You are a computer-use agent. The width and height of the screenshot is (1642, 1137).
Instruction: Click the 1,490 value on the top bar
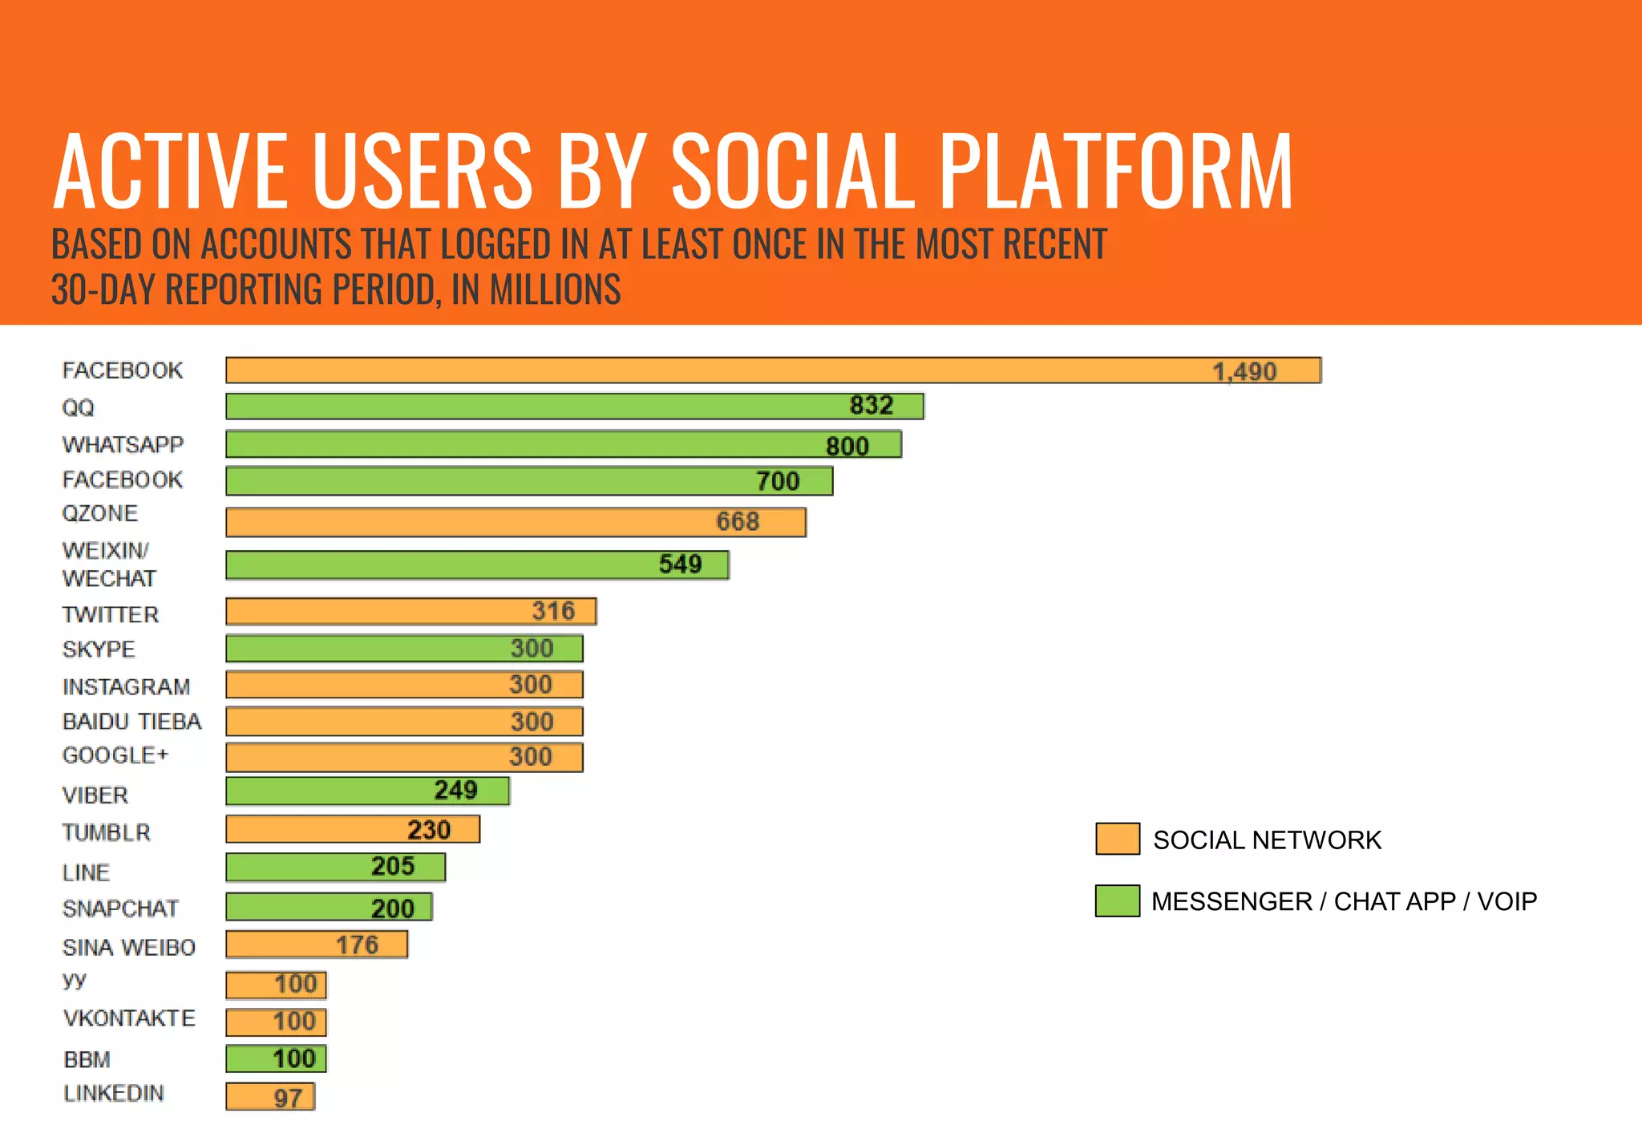pyautogui.click(x=1244, y=371)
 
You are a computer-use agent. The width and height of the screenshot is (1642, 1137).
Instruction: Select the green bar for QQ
pyautogui.click(x=574, y=407)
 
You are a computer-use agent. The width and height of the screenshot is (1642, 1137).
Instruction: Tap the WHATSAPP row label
pyautogui.click(x=123, y=444)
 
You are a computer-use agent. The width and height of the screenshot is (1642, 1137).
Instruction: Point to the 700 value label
pyautogui.click(x=778, y=481)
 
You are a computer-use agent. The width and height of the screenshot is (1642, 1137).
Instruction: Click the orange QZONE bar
pyautogui.click(x=515, y=522)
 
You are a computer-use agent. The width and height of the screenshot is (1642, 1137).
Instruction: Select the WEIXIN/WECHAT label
pyautogui.click(x=109, y=564)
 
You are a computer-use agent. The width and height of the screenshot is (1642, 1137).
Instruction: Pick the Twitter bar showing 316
pyautogui.click(x=410, y=612)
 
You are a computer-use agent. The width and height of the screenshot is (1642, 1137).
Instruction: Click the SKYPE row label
pyautogui.click(x=99, y=649)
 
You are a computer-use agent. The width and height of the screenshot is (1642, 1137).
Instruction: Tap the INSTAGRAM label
pyautogui.click(x=126, y=687)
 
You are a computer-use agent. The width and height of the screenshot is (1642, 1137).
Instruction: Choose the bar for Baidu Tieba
pyautogui.click(x=403, y=722)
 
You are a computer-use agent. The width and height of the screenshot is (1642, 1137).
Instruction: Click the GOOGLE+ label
pyautogui.click(x=115, y=755)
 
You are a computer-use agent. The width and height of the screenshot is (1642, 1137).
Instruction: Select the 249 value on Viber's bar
pyautogui.click(x=455, y=791)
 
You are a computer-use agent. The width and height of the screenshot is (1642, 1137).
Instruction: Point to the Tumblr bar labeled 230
pyautogui.click(x=352, y=829)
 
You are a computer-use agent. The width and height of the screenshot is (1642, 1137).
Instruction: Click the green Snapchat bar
pyautogui.click(x=329, y=907)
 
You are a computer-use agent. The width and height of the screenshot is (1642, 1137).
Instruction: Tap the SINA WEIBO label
pyautogui.click(x=128, y=948)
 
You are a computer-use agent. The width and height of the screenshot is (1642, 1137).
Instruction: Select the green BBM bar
pyautogui.click(x=275, y=1058)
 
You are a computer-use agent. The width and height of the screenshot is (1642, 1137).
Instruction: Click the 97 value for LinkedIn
pyautogui.click(x=288, y=1098)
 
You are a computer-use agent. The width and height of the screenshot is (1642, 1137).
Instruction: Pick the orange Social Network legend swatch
pyautogui.click(x=1117, y=839)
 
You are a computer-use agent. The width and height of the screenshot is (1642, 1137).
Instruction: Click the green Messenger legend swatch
pyautogui.click(x=1117, y=900)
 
